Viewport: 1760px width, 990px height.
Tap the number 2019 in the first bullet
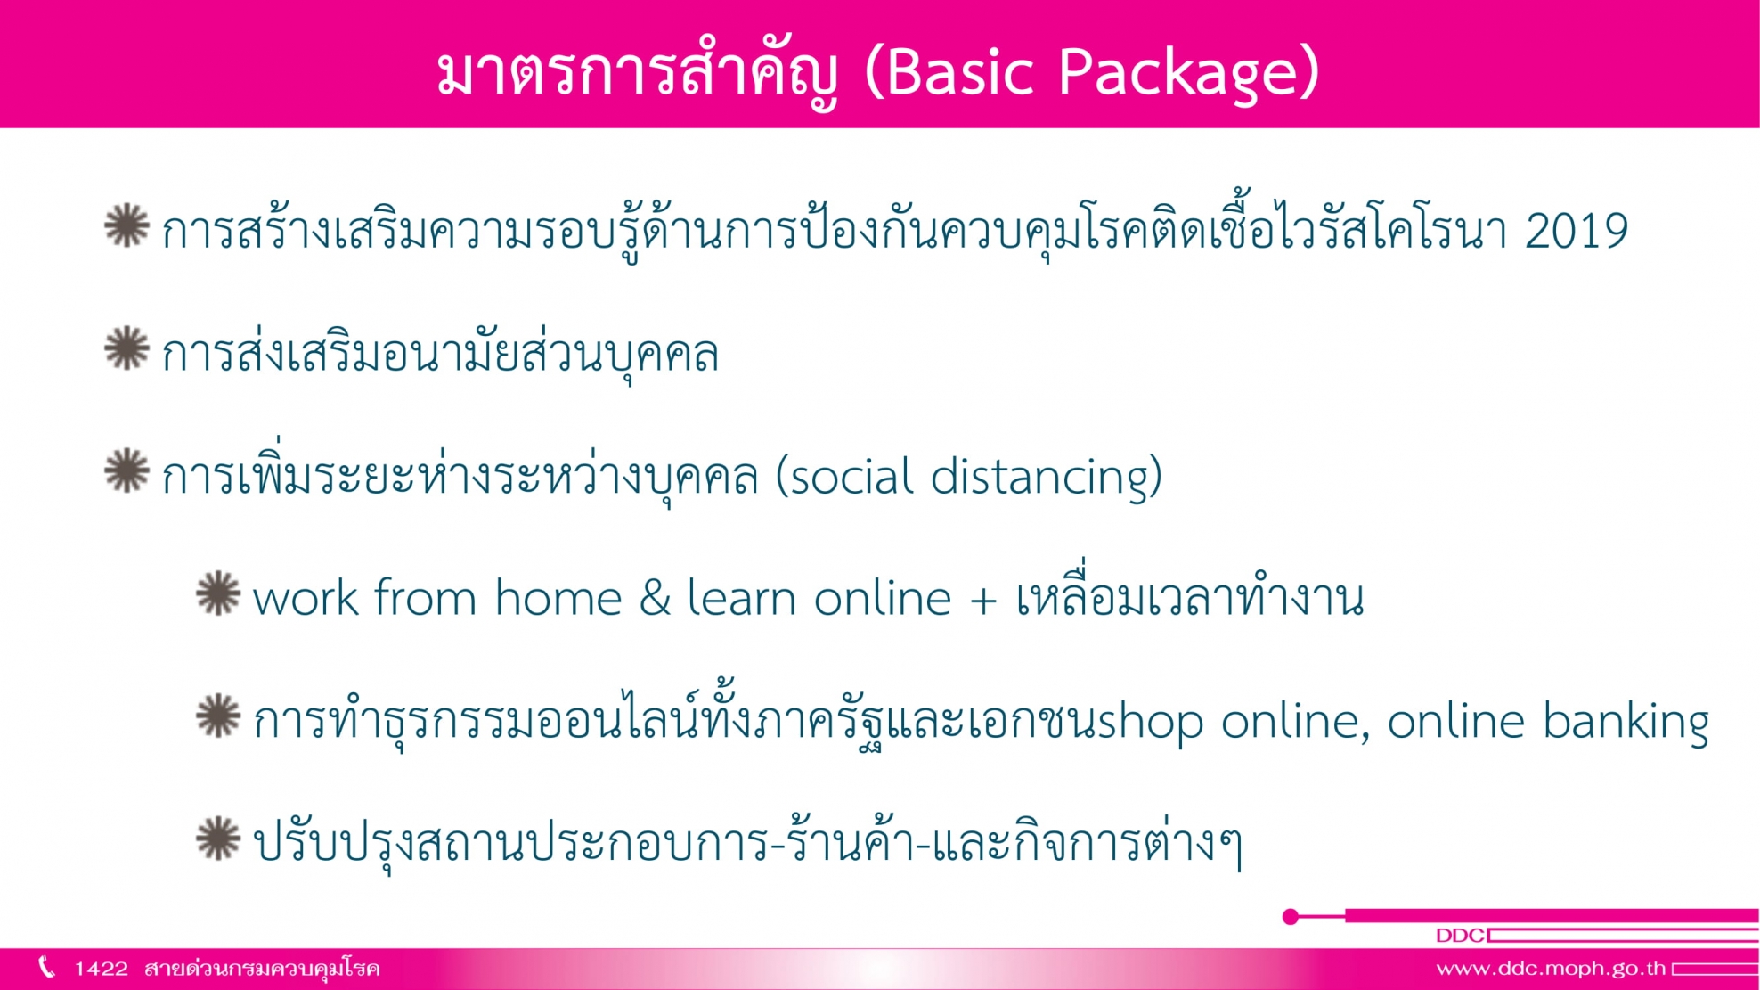pos(1577,231)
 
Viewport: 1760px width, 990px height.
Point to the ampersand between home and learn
pos(655,597)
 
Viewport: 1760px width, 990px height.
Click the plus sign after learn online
pos(982,600)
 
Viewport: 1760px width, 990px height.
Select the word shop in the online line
pos(1150,722)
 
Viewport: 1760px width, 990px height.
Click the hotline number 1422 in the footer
pos(101,969)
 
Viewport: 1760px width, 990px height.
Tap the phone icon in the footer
pos(47,967)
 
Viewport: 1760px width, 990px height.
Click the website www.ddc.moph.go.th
pos(1551,969)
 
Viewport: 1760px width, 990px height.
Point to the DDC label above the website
pos(1460,936)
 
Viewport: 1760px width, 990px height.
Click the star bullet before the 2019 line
pos(127,225)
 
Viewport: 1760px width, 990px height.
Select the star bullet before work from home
pos(218,593)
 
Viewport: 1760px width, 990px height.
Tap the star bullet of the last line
pos(218,839)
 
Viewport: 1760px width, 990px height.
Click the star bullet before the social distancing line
pos(127,470)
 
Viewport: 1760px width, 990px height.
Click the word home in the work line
pos(558,597)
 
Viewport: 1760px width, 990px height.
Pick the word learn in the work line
pos(742,597)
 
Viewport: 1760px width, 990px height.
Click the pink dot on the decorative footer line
pos(1290,916)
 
